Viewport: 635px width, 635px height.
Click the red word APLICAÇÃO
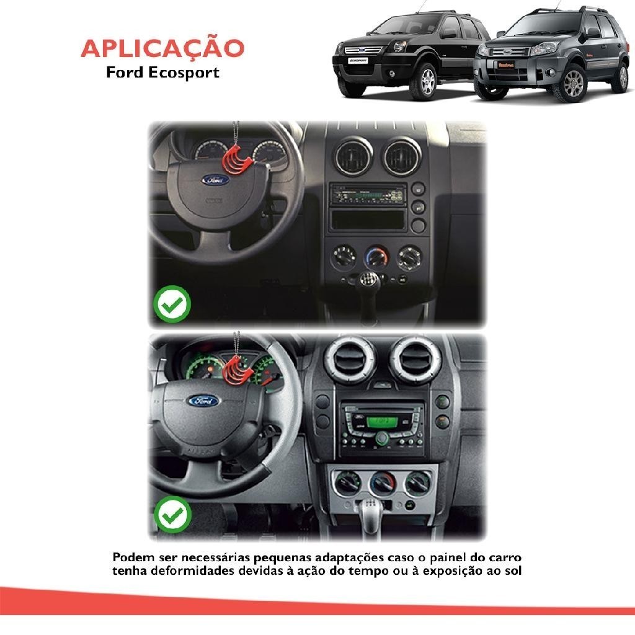(x=162, y=48)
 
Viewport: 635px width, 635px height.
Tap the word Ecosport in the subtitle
(x=184, y=73)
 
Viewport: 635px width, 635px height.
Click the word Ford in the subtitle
(x=125, y=72)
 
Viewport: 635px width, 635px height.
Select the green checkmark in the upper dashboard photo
(x=172, y=304)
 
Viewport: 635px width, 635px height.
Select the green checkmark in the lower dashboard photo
(x=172, y=515)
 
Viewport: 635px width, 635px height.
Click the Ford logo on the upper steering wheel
(x=215, y=180)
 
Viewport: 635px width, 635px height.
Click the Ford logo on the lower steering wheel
(x=203, y=401)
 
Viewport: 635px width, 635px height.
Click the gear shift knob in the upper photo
(x=368, y=280)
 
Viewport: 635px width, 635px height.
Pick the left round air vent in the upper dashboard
(x=353, y=156)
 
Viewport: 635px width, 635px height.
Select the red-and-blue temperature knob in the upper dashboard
(x=376, y=257)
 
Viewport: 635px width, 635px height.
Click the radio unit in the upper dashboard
(x=368, y=195)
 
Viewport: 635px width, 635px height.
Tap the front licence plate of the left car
(x=358, y=61)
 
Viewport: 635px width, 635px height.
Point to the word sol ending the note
(x=512, y=571)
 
